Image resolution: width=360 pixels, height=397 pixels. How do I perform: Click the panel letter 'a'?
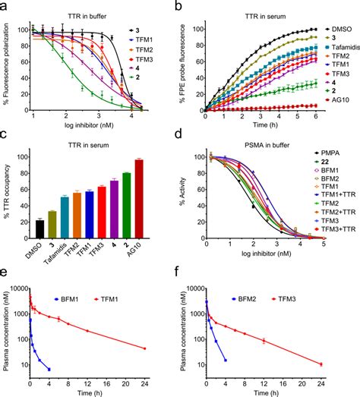point(5,8)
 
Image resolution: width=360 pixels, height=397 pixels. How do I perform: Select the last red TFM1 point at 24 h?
point(166,348)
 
